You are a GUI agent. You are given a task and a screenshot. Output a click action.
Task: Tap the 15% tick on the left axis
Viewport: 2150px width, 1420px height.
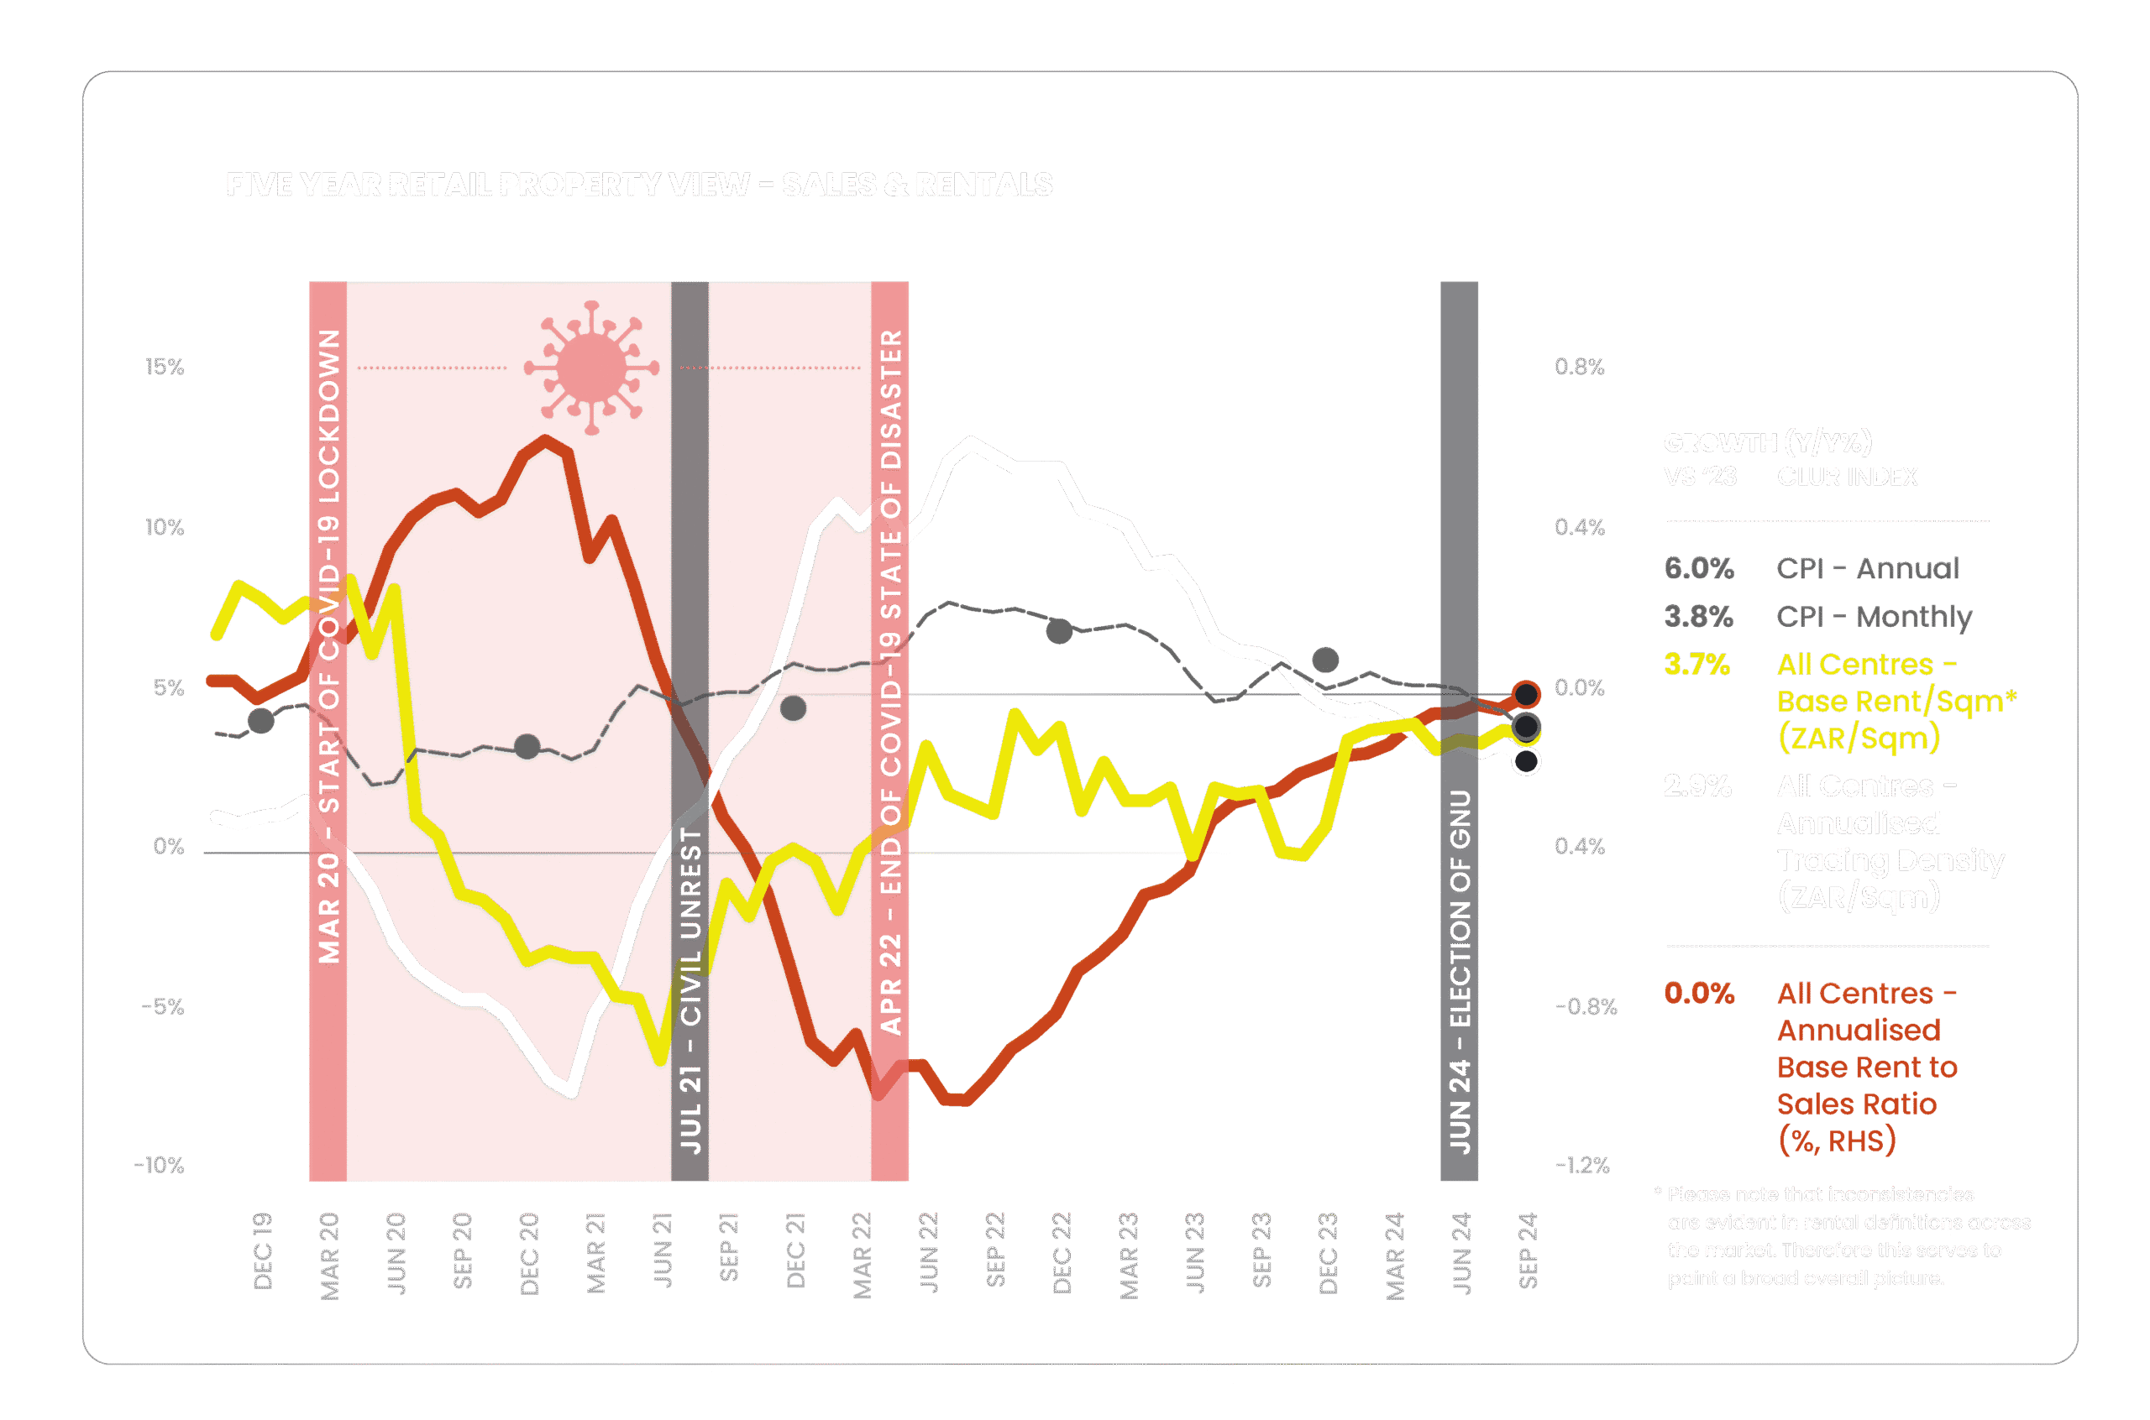pos(165,367)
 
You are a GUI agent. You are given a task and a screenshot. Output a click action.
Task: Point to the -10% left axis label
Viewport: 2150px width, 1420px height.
pos(160,1166)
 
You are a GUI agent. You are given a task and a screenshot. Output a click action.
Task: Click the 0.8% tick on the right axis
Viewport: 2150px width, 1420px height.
pos(1579,367)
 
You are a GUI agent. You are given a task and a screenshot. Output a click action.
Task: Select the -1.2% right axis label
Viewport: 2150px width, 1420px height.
pos(1582,1166)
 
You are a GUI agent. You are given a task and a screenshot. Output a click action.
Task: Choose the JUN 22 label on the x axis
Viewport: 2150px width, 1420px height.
pos(929,1252)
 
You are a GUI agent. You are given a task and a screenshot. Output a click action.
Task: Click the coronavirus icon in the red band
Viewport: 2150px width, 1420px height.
pos(591,368)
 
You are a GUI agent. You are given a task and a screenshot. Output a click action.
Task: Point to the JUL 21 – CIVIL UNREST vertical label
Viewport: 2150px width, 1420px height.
pos(690,989)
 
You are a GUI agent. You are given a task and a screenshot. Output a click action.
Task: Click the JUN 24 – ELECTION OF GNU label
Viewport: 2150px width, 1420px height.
pos(1460,972)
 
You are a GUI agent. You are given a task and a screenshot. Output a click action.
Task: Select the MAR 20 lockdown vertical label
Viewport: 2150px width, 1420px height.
pos(329,645)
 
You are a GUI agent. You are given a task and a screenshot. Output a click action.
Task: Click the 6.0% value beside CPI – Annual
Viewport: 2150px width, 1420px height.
pos(1698,569)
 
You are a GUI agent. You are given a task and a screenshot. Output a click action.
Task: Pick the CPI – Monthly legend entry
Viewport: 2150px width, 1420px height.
pos(1874,617)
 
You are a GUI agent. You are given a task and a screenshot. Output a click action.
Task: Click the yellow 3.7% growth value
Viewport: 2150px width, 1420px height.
pos(1696,665)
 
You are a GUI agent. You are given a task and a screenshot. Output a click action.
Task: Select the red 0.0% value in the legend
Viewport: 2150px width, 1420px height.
pos(1699,994)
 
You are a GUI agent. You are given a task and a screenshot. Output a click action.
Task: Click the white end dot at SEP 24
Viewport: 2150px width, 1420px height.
pos(1527,762)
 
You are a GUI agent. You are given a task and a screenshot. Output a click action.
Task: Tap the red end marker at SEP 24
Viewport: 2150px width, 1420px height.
pos(1527,695)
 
